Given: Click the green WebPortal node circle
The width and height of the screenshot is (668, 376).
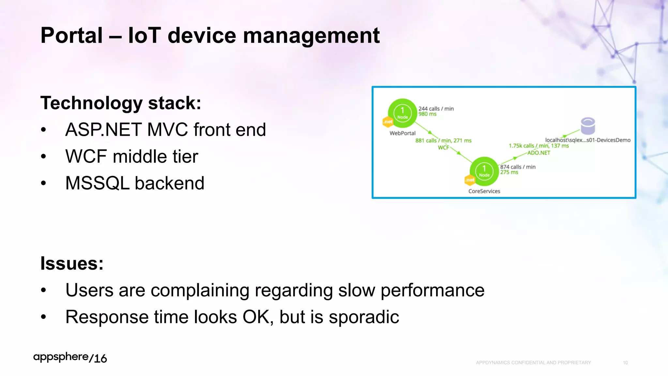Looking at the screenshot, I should (x=402, y=113).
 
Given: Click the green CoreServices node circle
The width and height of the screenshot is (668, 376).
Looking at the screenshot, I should (x=484, y=171).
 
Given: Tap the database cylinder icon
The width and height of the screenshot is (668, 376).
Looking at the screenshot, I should (x=588, y=126).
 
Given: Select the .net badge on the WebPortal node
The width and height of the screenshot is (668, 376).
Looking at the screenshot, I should (x=388, y=122).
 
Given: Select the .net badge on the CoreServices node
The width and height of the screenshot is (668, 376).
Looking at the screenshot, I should (x=470, y=180).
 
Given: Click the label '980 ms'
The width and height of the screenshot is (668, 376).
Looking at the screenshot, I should (x=427, y=114).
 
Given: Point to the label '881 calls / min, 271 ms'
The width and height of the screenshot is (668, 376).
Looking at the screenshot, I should (x=443, y=140).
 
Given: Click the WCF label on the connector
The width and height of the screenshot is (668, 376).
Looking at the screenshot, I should (x=443, y=148).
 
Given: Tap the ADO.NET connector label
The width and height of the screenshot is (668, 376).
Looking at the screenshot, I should (x=539, y=153).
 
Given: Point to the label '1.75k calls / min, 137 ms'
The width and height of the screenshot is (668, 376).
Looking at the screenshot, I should (x=539, y=146).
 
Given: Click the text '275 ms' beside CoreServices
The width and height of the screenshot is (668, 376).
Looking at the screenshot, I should (x=509, y=172).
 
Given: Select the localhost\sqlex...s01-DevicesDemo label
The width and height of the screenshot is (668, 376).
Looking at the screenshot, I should (x=588, y=140).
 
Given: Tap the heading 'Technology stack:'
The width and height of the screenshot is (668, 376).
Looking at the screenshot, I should (x=121, y=103).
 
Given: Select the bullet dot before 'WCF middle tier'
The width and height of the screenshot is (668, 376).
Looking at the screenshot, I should (x=43, y=157).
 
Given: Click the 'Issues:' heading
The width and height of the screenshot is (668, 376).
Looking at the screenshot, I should (x=72, y=263).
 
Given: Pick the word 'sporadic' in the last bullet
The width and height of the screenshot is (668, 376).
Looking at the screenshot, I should (x=364, y=317).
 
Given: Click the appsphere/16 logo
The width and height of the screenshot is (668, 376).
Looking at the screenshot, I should (x=70, y=358).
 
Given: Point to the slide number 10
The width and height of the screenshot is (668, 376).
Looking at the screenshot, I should (x=625, y=363).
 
